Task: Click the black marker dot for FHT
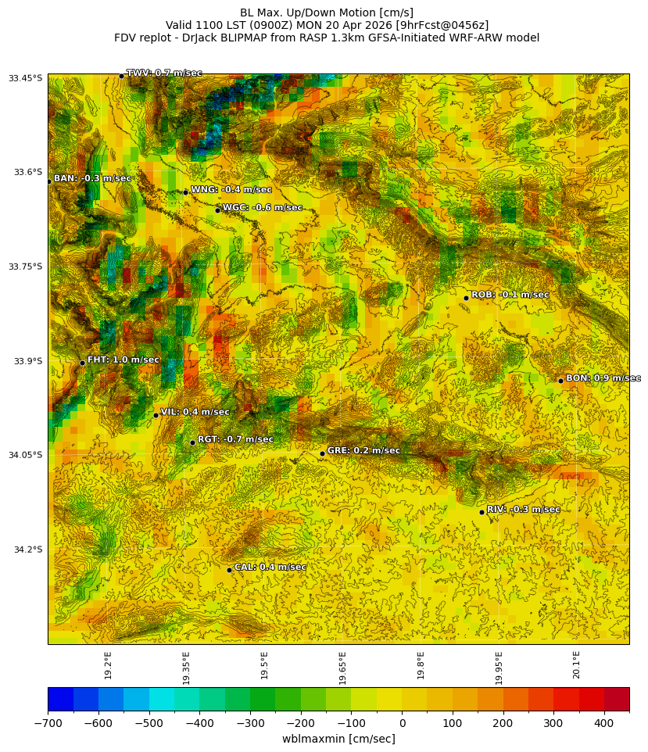pos(82,363)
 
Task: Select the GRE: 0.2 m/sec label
pos(363,451)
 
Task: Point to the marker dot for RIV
pos(482,512)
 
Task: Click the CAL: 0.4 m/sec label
pos(270,568)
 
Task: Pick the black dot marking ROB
pos(466,298)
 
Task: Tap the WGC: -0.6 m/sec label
pos(263,208)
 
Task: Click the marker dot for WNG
pos(185,192)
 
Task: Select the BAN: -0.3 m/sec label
pos(92,179)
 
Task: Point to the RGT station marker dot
pos(192,442)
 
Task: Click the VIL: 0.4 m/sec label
pos(195,412)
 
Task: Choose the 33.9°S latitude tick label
pos(26,361)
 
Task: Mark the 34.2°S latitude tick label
pos(26,550)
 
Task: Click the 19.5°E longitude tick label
pos(264,664)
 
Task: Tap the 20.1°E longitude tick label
pos(576,664)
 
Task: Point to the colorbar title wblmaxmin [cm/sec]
pos(338,739)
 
